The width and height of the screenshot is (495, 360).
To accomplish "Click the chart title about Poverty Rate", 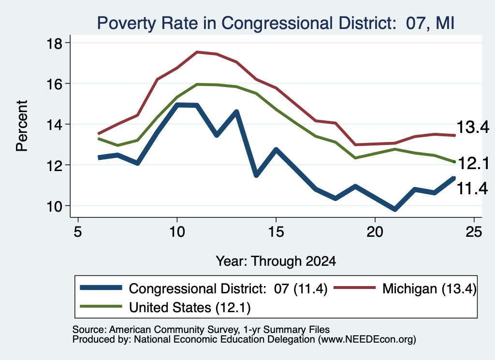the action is [x=276, y=23].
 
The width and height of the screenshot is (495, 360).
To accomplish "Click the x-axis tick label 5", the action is [x=78, y=232].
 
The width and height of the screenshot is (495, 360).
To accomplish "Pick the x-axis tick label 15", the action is [x=276, y=232].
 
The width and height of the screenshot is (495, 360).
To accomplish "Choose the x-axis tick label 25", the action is [x=474, y=232].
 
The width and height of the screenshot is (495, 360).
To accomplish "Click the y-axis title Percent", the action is [x=22, y=126].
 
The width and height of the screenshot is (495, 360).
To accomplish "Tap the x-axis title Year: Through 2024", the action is [x=276, y=261].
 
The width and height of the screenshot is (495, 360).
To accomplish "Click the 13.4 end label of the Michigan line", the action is [x=473, y=127].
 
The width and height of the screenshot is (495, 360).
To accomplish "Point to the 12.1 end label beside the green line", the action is [x=473, y=163].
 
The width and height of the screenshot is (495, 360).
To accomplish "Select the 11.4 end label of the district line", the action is [x=472, y=188].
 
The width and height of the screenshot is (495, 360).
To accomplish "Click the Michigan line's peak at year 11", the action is [x=197, y=52].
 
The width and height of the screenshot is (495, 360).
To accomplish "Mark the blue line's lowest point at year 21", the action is [x=394, y=209].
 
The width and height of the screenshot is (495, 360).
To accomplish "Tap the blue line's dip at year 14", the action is [x=256, y=174].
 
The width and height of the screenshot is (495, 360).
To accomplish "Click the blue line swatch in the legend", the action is [x=101, y=288].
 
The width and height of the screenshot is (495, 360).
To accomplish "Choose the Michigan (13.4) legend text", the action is [x=429, y=288].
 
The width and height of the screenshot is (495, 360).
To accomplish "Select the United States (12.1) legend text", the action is [x=189, y=308].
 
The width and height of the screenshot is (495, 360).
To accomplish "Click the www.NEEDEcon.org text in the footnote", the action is [x=367, y=340].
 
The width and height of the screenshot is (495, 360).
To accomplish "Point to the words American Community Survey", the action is [x=174, y=330].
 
